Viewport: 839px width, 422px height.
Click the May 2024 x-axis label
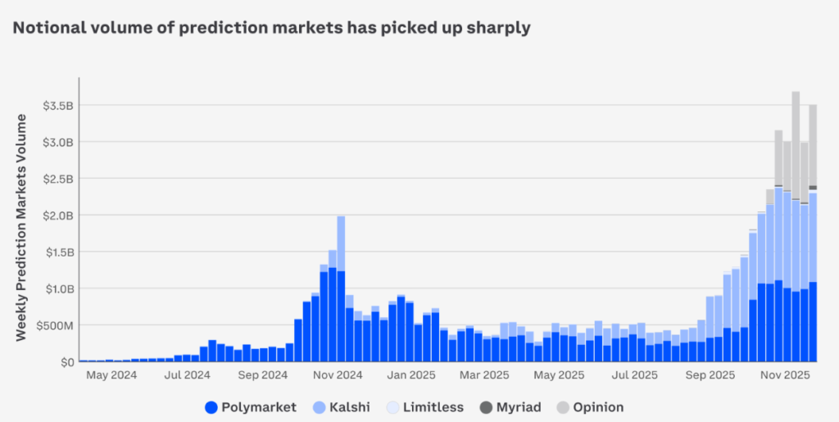[x=111, y=376]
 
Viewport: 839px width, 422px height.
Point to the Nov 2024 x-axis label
[x=338, y=376]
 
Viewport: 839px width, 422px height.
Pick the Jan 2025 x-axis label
[x=412, y=376]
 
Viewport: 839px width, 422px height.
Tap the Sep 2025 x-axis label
[x=710, y=376]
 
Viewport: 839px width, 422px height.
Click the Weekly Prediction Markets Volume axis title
[x=21, y=227]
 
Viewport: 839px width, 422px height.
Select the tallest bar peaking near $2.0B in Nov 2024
[x=341, y=287]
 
